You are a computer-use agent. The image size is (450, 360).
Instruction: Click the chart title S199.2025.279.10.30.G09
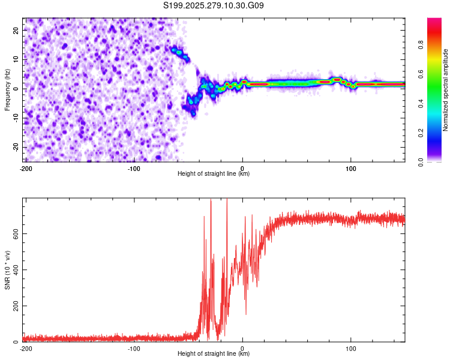[x=214, y=5]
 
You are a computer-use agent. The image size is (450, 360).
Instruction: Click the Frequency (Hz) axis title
[x=7, y=89]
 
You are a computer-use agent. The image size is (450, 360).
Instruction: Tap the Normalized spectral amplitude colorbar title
[x=446, y=90]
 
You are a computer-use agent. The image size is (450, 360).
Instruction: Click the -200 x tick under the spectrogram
[x=26, y=167]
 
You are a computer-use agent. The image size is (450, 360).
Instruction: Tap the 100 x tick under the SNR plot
[x=352, y=348]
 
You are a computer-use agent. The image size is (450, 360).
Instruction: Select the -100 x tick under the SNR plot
[x=134, y=348]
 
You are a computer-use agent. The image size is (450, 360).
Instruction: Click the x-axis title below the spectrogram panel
[x=214, y=174]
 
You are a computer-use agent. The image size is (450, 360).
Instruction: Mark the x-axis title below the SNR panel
[x=214, y=354]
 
